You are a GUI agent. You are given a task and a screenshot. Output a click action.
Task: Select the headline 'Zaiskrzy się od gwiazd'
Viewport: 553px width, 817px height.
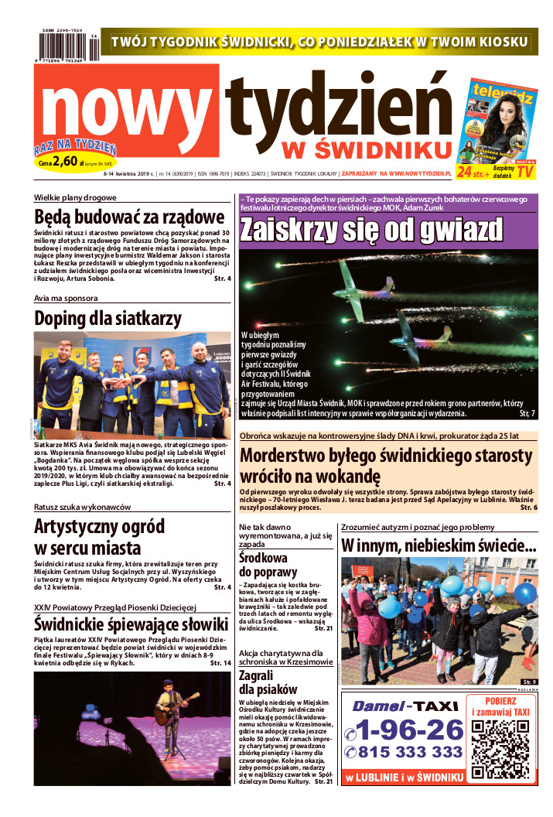point(371,230)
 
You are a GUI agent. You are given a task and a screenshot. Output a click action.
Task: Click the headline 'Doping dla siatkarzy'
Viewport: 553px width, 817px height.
point(108,317)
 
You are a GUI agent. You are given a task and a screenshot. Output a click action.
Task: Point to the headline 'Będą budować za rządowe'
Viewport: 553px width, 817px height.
point(129,217)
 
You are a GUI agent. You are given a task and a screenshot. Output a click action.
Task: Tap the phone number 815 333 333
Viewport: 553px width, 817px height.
point(403,753)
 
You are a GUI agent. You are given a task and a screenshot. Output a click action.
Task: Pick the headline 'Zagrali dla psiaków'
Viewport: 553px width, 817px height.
point(268,682)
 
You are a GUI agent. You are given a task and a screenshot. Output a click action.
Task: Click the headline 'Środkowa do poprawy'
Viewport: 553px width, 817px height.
point(263,565)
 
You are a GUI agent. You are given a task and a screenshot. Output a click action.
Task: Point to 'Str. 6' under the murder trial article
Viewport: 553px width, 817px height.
point(529,508)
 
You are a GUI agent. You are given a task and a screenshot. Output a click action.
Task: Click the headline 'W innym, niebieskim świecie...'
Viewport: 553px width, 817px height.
point(439,546)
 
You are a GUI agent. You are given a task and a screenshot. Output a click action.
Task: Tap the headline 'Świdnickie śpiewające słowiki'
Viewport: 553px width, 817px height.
point(131,624)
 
